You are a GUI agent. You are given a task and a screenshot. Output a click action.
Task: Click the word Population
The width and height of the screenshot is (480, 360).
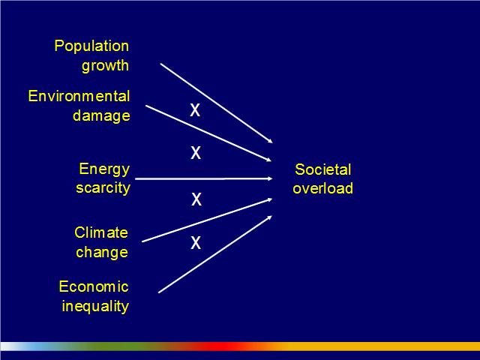[x=91, y=46]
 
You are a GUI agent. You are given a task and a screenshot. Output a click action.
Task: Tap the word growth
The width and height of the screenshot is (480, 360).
[x=105, y=66]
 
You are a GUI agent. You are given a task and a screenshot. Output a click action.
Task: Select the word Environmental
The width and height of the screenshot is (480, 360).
[x=79, y=96]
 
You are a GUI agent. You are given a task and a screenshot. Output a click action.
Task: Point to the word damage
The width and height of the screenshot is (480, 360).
[x=101, y=116]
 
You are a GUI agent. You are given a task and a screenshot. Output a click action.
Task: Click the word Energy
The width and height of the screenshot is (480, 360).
[x=104, y=169]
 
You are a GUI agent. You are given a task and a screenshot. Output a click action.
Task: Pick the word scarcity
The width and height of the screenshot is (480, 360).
[x=103, y=188]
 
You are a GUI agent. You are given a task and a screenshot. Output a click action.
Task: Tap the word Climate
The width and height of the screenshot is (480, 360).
[x=101, y=232]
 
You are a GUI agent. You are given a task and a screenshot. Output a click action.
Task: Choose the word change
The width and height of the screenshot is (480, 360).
[x=102, y=253]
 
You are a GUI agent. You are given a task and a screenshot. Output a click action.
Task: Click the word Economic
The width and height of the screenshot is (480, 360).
[x=94, y=286]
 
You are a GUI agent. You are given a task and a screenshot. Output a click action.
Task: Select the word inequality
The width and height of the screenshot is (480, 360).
[x=95, y=307]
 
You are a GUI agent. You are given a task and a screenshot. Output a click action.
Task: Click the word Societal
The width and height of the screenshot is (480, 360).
[x=323, y=169]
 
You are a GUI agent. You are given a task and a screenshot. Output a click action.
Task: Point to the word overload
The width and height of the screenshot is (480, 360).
[x=323, y=188]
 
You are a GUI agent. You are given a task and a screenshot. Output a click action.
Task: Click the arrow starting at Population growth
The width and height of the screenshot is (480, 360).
[x=217, y=103]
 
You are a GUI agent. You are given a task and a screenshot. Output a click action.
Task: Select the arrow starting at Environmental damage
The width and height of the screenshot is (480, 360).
[x=208, y=133]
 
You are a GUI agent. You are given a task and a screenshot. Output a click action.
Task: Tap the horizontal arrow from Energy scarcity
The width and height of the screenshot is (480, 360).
[x=204, y=178]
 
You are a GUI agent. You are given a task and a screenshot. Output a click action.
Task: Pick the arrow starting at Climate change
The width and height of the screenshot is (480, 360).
[x=207, y=220]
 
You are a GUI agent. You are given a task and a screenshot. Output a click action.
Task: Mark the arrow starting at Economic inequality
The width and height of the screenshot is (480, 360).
[x=215, y=254]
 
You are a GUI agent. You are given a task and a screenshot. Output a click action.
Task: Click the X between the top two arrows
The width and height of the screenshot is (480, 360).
[x=195, y=110]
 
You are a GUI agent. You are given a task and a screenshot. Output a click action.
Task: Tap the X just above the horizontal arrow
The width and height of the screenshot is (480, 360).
[x=196, y=152]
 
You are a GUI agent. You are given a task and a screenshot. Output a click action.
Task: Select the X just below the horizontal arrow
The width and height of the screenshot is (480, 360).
[x=196, y=199]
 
